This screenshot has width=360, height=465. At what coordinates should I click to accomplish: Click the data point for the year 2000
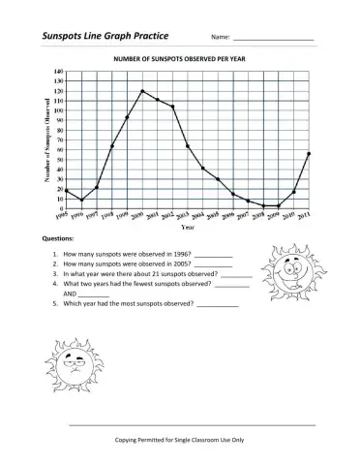(x=142, y=91)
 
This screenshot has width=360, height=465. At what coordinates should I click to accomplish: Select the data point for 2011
(x=309, y=154)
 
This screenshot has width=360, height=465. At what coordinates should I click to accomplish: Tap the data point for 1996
(x=81, y=201)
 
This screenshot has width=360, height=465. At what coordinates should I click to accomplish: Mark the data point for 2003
(x=187, y=146)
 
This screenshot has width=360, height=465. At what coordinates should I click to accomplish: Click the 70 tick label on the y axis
(x=58, y=140)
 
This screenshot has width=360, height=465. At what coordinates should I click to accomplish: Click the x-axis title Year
(x=189, y=229)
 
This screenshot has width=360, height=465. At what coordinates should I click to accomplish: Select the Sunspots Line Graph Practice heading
(x=105, y=36)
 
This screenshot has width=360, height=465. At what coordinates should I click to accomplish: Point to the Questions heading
(x=58, y=238)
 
